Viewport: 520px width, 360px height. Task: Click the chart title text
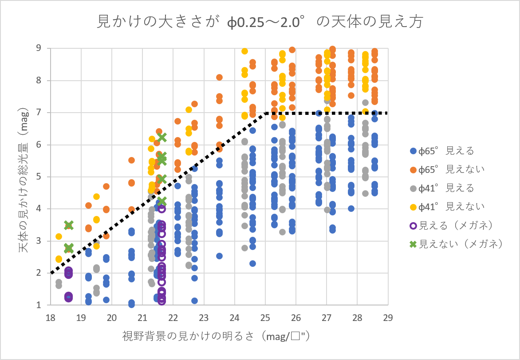(x=260, y=22)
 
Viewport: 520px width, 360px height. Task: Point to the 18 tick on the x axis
(x=50, y=317)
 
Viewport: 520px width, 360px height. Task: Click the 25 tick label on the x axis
(x=265, y=317)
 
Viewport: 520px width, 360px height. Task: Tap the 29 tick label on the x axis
(x=388, y=317)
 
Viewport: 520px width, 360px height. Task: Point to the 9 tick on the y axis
(x=39, y=48)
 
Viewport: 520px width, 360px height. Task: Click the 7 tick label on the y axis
(x=39, y=113)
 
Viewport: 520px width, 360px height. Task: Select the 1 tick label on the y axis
(x=39, y=305)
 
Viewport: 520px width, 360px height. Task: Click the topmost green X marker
(x=162, y=137)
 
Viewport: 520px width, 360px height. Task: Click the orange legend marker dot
(x=413, y=169)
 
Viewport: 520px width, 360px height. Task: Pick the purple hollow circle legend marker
(x=413, y=225)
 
